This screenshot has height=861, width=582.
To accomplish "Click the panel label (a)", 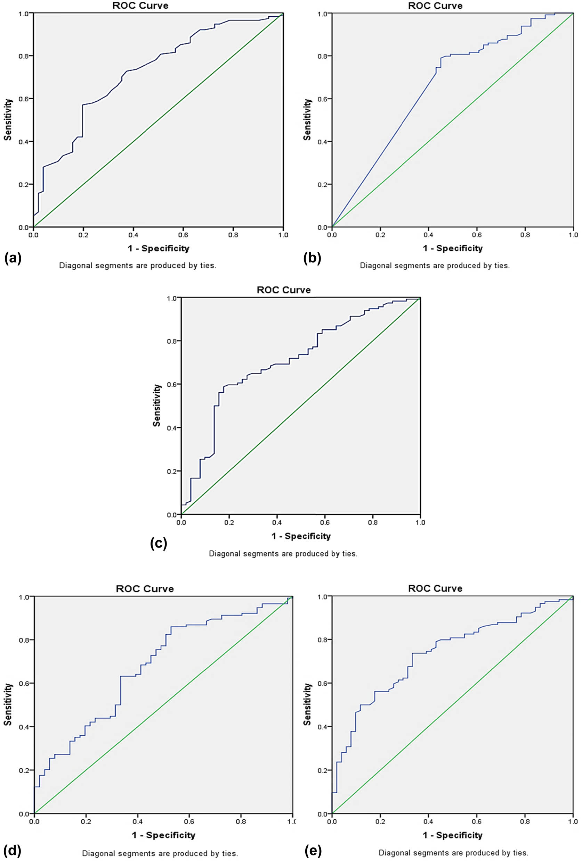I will click(x=13, y=258).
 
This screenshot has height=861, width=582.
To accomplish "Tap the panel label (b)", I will click(x=312, y=258).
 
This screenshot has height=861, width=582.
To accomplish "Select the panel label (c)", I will click(x=159, y=543).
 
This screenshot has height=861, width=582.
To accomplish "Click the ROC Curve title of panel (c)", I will click(x=283, y=290).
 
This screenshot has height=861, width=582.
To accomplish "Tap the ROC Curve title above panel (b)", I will click(x=435, y=6).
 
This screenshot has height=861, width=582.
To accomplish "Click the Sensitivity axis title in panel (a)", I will click(x=8, y=120).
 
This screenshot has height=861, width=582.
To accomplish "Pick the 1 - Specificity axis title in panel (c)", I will click(x=301, y=536).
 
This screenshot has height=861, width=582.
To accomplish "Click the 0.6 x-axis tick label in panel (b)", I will click(x=477, y=235).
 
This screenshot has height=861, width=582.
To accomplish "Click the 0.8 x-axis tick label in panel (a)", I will click(x=233, y=235).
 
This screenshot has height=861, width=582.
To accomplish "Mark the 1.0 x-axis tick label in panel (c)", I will click(x=420, y=523).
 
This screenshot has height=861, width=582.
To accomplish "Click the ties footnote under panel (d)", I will click(x=160, y=853).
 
